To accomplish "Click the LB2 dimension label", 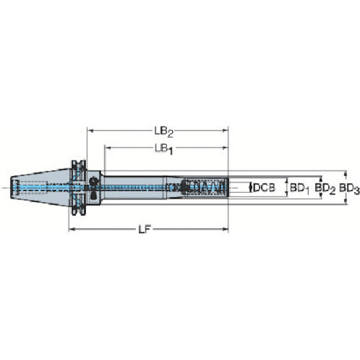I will (163, 132).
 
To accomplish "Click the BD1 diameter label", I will (298, 188).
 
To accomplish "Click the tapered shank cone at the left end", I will (40, 187).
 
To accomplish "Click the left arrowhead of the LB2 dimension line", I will (91, 132).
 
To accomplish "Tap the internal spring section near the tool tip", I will (205, 188).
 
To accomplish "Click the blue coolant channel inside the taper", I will (36, 187).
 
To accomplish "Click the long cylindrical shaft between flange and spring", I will (137, 187).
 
